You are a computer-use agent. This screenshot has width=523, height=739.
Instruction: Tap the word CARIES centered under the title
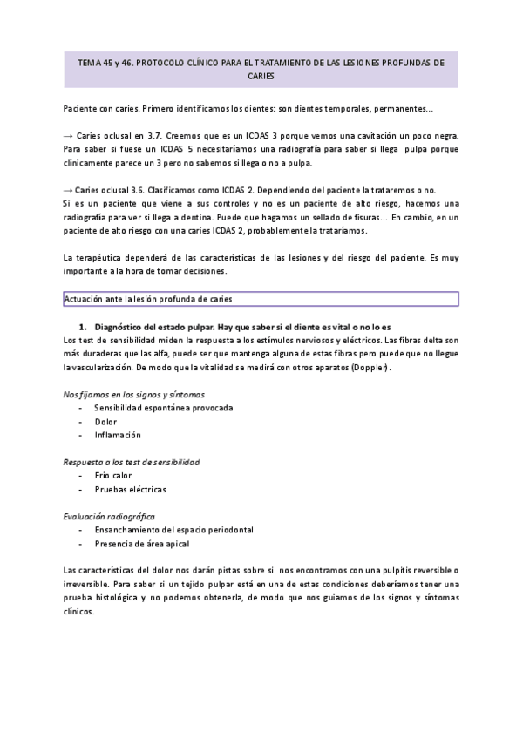261,77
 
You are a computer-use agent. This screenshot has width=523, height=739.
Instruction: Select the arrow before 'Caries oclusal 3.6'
69,190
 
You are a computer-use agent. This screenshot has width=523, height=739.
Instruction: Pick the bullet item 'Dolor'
105,421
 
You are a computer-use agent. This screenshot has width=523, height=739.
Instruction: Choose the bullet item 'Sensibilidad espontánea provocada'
163,408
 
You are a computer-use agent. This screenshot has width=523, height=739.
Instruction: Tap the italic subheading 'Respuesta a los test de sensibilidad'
132,462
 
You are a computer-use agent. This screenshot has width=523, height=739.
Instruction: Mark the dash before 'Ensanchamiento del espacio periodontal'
81,530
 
